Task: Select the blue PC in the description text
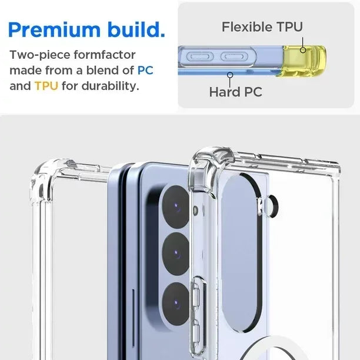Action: click(x=145, y=71)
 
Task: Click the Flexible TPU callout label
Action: click(x=262, y=27)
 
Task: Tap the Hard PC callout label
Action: click(x=235, y=92)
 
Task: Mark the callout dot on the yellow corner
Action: click(x=303, y=50)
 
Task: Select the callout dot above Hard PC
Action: click(x=230, y=74)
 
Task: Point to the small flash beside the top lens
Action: click(x=195, y=209)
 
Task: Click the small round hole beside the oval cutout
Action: click(x=271, y=205)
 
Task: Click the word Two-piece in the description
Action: click(x=35, y=55)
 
